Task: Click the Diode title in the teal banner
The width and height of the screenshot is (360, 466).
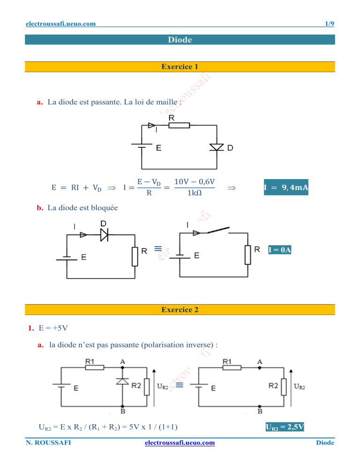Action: (180, 40)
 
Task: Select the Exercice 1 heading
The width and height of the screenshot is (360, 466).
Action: (180, 67)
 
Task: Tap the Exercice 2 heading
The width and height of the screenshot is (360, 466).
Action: (180, 309)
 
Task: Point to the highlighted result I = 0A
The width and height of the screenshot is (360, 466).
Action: (280, 250)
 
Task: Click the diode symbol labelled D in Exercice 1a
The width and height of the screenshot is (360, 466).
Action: (216, 147)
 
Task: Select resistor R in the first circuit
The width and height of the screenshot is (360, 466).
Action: (179, 125)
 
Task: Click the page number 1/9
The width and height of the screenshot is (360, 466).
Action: (330, 23)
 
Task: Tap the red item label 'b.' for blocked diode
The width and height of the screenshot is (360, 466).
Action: (40, 208)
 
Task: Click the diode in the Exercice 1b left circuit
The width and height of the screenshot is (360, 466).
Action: (104, 236)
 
